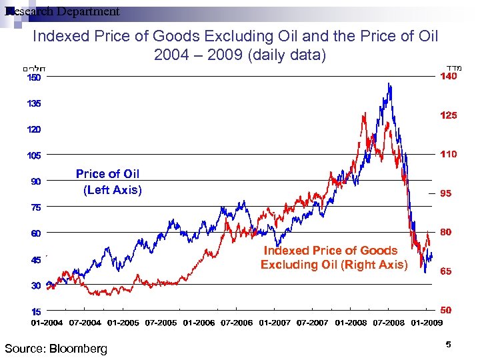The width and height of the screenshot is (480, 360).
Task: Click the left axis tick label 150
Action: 34,77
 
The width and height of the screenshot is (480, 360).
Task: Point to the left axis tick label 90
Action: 34,181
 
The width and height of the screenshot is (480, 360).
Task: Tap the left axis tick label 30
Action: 34,285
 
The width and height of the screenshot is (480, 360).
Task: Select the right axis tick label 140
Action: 448,77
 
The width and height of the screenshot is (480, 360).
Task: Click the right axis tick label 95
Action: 446,193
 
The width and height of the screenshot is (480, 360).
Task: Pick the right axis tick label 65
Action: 446,271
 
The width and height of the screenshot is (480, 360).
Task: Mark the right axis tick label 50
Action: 446,310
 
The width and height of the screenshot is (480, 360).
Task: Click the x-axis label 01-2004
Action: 47,323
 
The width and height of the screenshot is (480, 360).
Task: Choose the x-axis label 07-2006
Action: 237,323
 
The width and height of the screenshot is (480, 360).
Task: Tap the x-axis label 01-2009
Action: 427,323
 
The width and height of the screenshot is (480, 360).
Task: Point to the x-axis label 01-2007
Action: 275,323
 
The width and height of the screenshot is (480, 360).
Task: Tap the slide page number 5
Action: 448,344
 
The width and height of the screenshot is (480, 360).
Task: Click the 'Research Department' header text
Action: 61,11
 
